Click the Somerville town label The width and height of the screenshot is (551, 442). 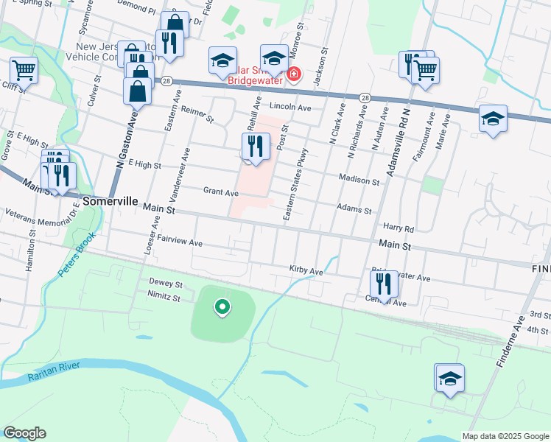point(110,200)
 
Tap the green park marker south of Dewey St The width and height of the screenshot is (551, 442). point(221,306)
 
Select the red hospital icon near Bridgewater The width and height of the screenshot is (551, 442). point(294,74)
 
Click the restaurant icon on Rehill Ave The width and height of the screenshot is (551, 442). point(251,145)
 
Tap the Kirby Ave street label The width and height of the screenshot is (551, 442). point(306,271)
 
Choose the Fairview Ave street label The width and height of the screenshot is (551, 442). point(180,242)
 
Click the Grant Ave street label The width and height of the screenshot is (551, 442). point(220,192)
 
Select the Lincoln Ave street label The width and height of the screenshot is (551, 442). point(290,107)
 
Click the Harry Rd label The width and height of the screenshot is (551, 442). point(399,228)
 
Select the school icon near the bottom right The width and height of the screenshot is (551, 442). point(449,378)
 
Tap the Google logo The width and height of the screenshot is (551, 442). point(24,433)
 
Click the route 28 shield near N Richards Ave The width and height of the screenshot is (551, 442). point(365,97)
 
